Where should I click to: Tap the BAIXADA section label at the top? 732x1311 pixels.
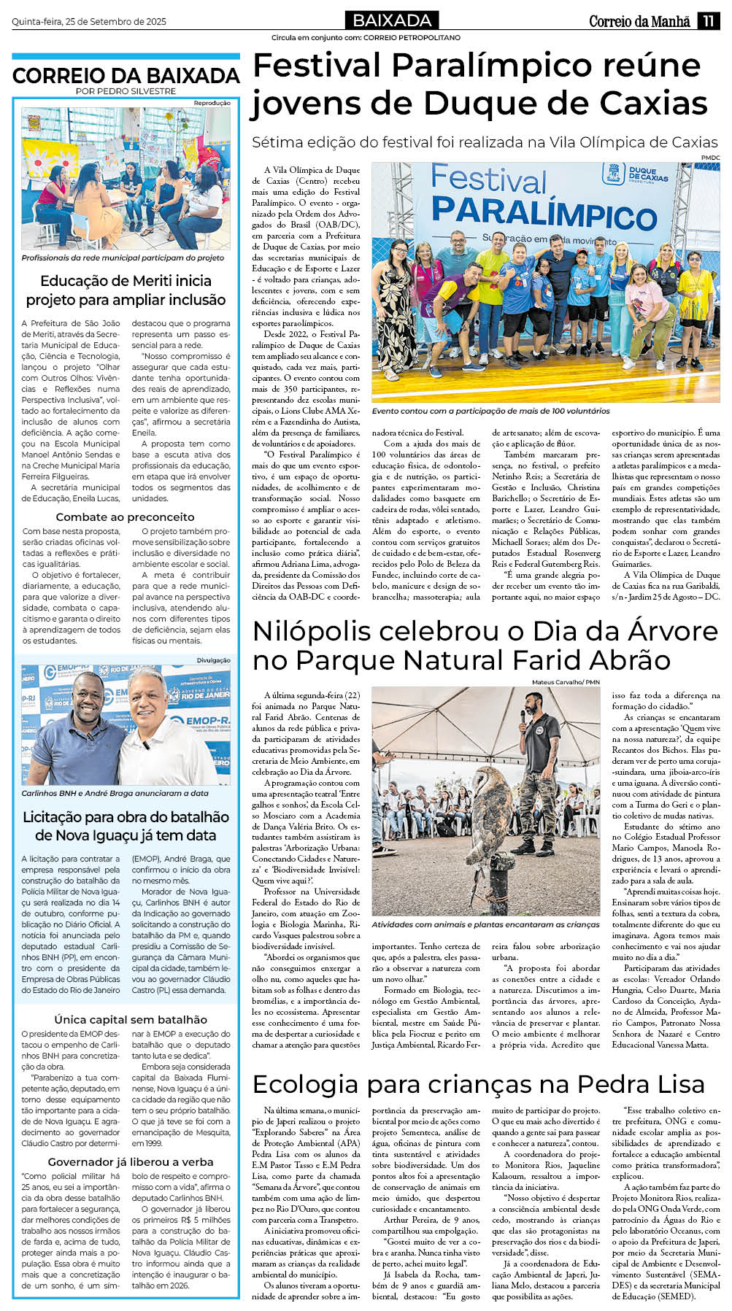coord(391,20)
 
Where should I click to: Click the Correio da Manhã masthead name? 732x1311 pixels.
coord(639,21)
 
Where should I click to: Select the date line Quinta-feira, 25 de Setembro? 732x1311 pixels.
coord(89,22)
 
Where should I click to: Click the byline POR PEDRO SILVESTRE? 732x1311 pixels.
coord(126,91)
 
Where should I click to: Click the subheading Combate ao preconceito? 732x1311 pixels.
coord(126,517)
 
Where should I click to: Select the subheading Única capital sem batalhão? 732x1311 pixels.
coord(130,1019)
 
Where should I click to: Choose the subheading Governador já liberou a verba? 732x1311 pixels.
coord(131,1161)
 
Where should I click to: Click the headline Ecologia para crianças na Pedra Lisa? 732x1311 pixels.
coord(478,1084)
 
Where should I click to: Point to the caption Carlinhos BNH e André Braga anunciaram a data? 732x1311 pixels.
coord(115,793)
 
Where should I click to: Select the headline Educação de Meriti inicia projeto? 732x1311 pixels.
coord(126,290)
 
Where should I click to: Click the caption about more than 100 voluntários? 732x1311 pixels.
coord(490,411)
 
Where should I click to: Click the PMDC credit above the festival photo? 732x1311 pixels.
coord(710,158)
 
